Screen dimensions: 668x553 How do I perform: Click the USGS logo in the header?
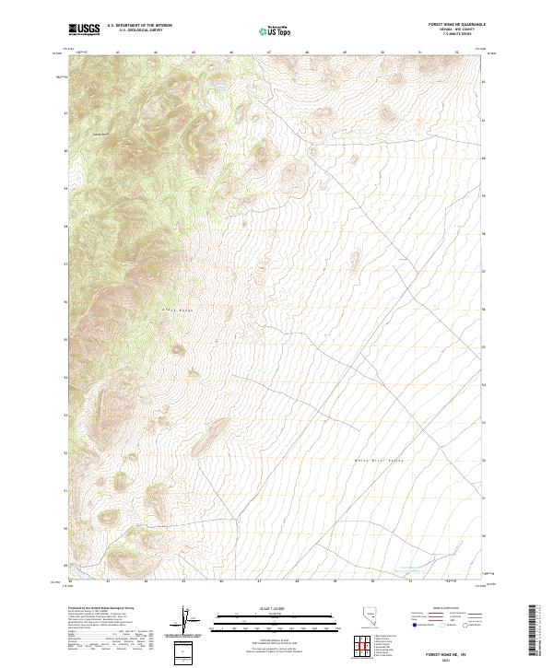point(85,29)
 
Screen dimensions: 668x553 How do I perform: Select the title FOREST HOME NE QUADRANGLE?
point(457,25)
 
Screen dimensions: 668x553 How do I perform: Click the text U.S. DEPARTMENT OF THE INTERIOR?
point(139,26)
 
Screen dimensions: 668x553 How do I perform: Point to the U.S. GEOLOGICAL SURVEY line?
point(139,30)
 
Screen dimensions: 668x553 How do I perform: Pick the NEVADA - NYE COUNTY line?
point(457,29)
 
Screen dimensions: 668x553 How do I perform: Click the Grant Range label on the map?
point(174,311)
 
